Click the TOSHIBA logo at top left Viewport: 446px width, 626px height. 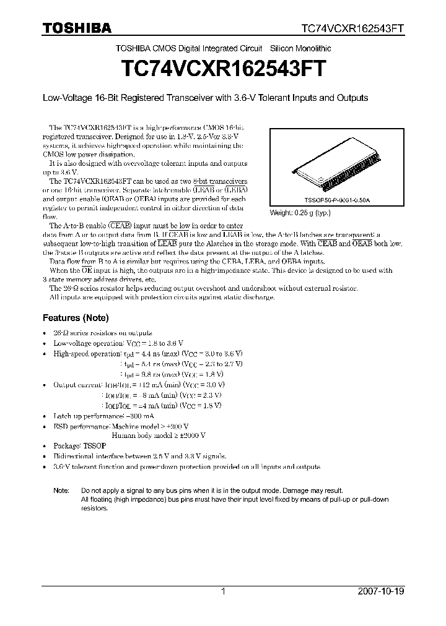(77, 28)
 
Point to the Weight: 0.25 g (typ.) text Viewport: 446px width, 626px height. (300, 212)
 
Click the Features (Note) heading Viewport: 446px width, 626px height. (75, 318)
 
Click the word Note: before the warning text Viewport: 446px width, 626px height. (61, 489)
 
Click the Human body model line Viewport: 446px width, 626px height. (159, 435)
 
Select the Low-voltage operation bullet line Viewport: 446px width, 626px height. (118, 343)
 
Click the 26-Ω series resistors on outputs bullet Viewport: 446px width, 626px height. (103, 333)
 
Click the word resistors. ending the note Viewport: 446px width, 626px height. (94, 508)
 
